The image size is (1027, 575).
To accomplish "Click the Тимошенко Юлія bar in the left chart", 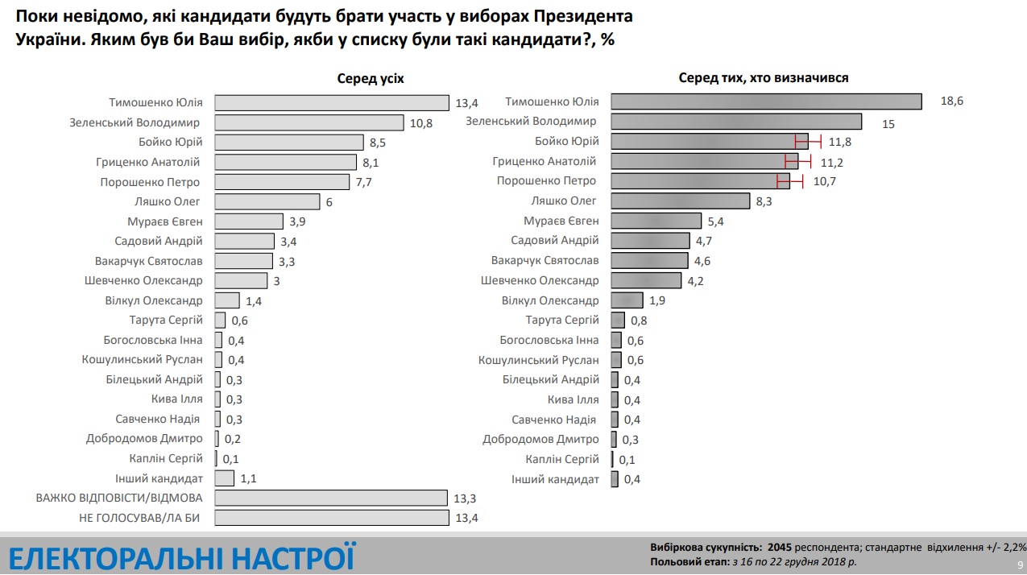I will [332, 102].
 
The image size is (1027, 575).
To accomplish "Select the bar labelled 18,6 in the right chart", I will [766, 101].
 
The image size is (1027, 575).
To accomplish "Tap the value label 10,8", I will [422, 122].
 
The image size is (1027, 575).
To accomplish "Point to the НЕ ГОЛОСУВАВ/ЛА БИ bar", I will [332, 518].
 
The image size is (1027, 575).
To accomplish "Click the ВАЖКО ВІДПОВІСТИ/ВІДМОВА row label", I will [119, 498].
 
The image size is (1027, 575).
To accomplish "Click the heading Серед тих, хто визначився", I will [764, 78].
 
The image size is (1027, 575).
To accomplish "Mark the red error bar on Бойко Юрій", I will [808, 142].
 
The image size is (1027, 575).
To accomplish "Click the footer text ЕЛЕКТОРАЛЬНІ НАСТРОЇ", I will [181, 557].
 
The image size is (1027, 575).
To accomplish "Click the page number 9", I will [1020, 565].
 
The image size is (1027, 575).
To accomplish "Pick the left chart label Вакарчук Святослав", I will [143, 261].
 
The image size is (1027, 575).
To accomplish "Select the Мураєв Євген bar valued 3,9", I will [250, 221].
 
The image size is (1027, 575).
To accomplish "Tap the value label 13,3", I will [466, 498].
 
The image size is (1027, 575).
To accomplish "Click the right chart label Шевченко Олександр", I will [540, 280].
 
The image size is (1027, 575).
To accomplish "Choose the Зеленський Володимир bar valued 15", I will [736, 122].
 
